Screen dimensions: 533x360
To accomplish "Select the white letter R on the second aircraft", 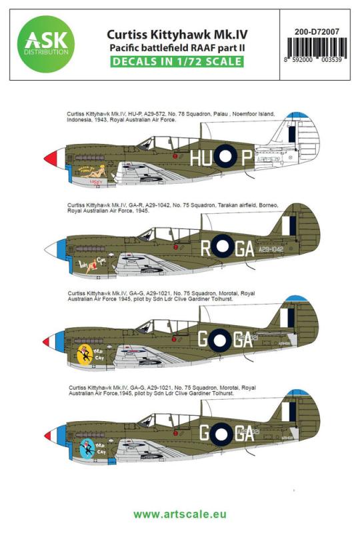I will [x=206, y=249].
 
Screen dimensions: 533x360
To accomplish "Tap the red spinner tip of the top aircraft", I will [x=49, y=159].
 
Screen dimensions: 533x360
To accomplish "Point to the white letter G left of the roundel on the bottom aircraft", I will [x=204, y=434].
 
